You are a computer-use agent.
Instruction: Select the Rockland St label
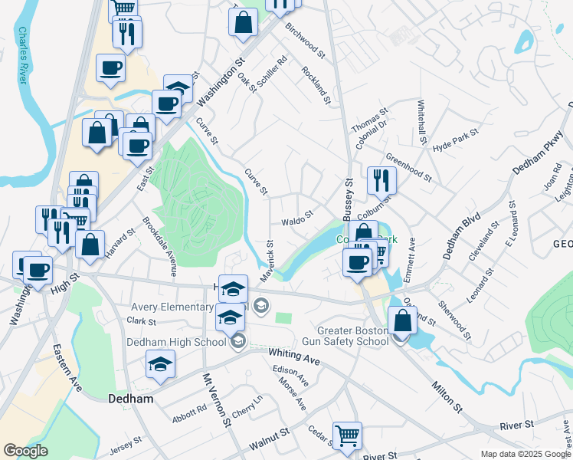[x=316, y=84]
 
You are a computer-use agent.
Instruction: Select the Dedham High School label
[x=176, y=342]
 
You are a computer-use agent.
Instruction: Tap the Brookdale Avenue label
[x=160, y=246]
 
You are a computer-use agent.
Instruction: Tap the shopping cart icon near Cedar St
[x=347, y=436]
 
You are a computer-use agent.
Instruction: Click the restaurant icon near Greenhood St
[x=381, y=182]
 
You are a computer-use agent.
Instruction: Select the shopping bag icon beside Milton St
[x=402, y=321]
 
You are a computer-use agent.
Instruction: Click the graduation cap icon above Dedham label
[x=160, y=364]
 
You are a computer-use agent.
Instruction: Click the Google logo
[x=25, y=452]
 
